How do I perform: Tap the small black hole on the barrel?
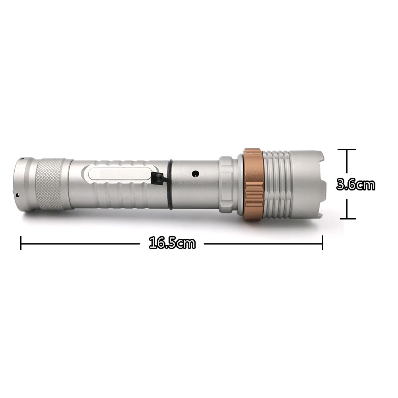coord(195,173)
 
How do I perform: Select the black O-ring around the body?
coord(170,184)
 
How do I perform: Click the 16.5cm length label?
coord(172,243)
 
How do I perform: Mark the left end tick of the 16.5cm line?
coord(21,243)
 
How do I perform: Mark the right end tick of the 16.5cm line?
coord(322,243)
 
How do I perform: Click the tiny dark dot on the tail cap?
coord(17,194)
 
